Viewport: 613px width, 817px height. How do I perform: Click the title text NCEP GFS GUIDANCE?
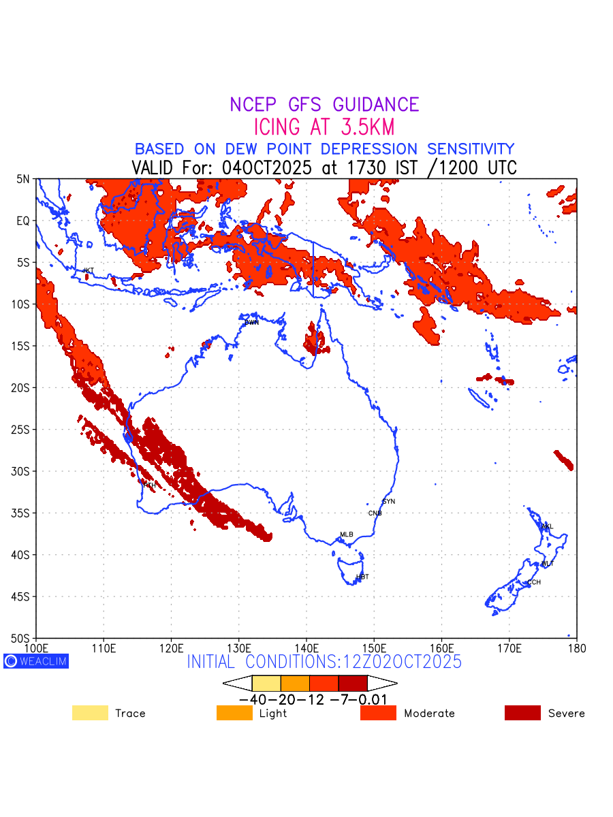[x=324, y=105]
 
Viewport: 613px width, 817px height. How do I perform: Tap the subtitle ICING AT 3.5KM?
[x=324, y=127]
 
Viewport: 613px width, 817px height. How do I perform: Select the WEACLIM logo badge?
[x=36, y=661]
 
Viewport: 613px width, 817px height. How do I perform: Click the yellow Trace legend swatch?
[x=90, y=713]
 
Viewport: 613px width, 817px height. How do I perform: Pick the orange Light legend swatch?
[x=234, y=713]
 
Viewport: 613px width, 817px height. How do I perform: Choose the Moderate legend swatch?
[x=378, y=713]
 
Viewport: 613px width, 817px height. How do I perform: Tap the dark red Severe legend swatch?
[x=522, y=713]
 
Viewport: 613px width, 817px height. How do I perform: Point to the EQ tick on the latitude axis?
[x=23, y=221]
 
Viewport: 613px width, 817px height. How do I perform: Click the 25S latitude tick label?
[x=23, y=430]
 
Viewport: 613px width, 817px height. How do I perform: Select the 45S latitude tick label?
[x=23, y=596]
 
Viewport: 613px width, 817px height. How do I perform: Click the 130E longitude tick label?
[x=238, y=647]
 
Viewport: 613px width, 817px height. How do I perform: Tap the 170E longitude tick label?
[x=509, y=647]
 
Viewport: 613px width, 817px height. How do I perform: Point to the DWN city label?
[x=251, y=322]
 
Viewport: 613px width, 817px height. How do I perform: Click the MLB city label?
[x=347, y=534]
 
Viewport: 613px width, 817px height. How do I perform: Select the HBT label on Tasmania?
[x=362, y=577]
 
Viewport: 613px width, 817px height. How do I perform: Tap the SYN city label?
[x=388, y=502]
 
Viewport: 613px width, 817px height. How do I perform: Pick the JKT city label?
[x=88, y=271]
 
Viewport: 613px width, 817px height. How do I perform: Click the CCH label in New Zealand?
[x=534, y=582]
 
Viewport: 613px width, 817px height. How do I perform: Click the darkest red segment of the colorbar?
[x=353, y=683]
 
